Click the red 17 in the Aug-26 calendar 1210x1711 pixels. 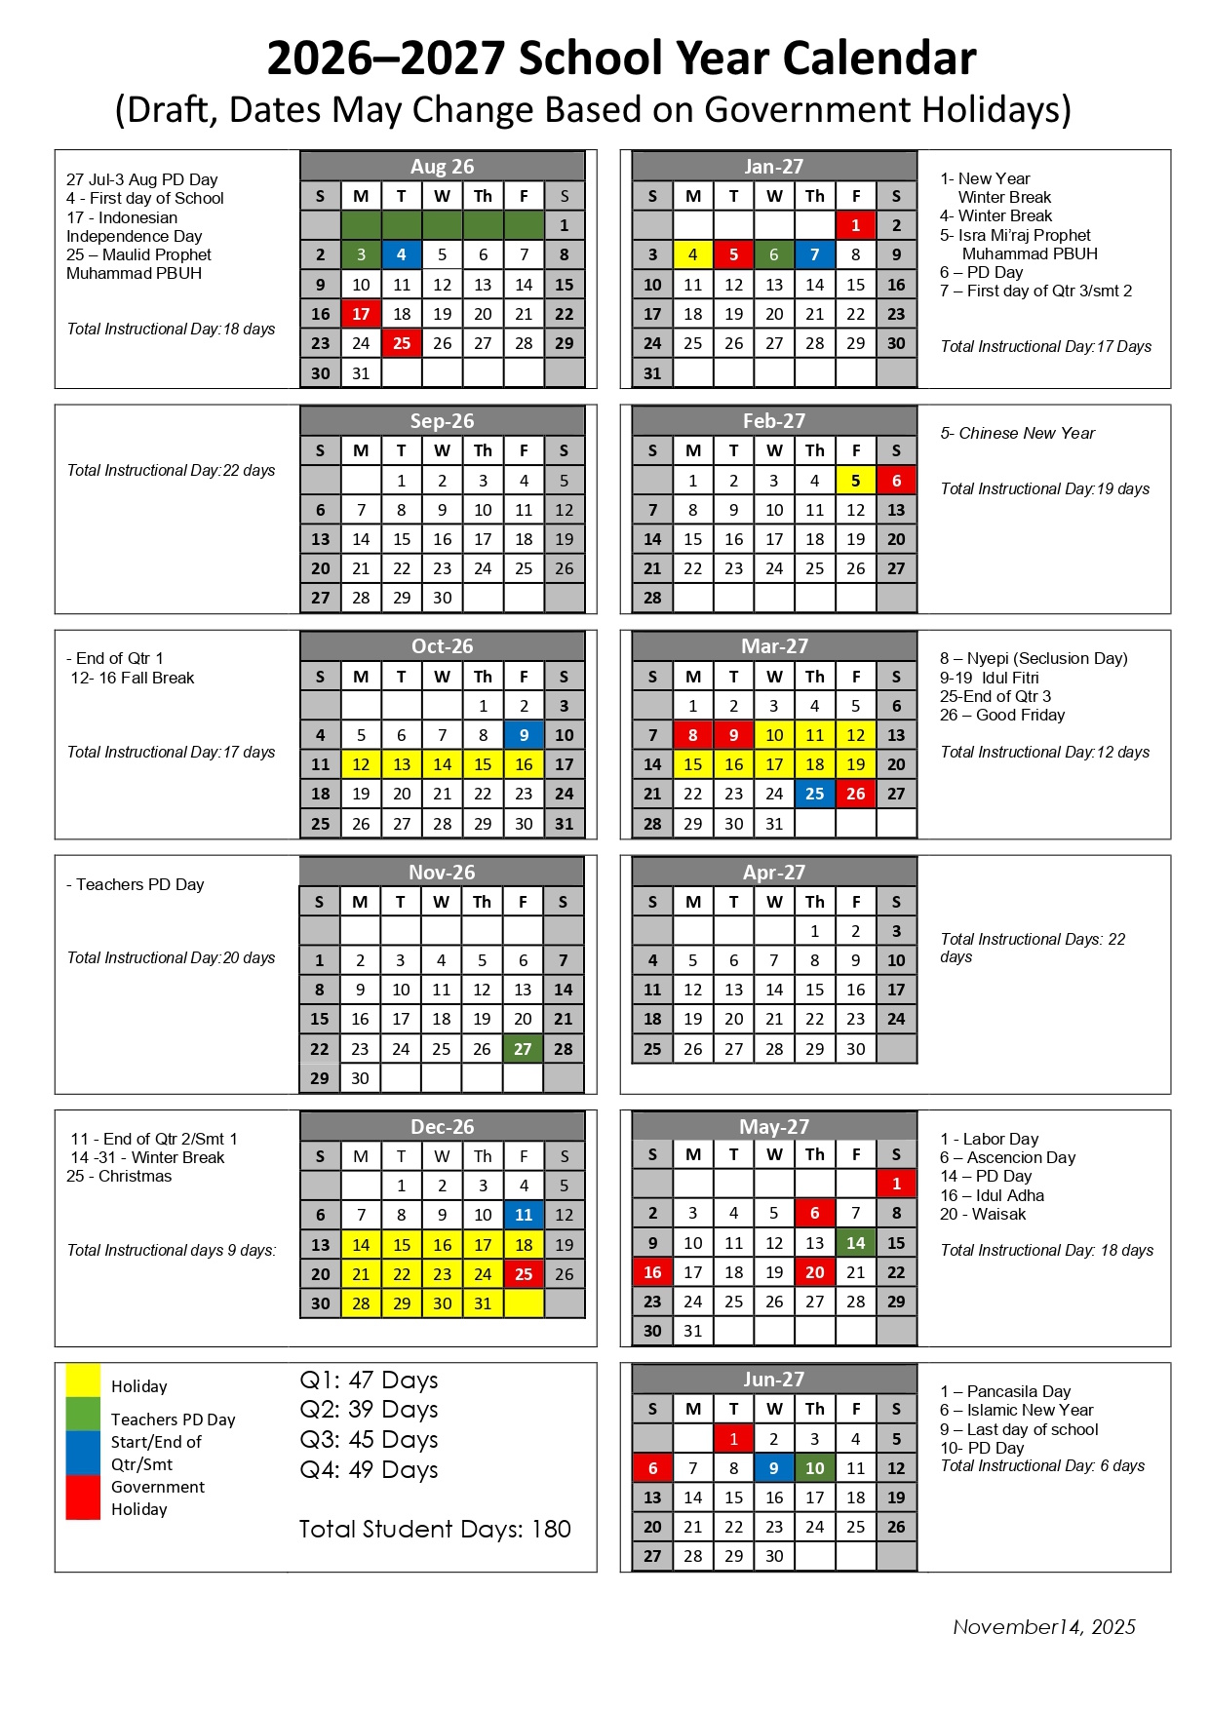point(361,314)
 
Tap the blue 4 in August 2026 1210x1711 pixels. point(402,254)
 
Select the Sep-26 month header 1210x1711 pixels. point(442,421)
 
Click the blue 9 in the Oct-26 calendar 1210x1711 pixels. point(524,735)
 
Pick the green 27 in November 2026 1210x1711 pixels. point(523,1049)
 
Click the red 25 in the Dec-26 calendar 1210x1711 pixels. point(524,1274)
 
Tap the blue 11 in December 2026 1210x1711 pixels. point(524,1215)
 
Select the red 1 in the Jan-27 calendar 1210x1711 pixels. point(855,225)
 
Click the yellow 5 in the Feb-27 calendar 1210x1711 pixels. point(855,481)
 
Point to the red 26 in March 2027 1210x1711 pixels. point(855,794)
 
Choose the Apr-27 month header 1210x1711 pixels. point(774,872)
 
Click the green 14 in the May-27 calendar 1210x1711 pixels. point(855,1243)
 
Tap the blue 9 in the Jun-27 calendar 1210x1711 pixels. point(774,1468)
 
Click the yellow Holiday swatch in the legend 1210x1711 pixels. point(83,1381)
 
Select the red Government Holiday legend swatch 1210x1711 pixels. point(83,1497)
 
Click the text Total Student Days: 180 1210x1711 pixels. point(435,1529)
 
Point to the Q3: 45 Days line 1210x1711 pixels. point(369,1440)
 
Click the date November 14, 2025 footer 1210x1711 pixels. point(1044,1626)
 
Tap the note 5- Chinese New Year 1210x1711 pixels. point(1017,433)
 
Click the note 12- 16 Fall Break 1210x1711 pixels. point(133,678)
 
